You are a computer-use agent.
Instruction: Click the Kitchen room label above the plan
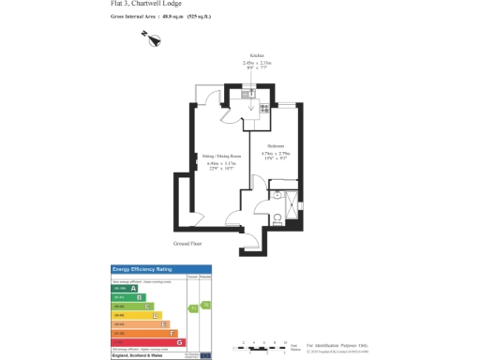[255, 55]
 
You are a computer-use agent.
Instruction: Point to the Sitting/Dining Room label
[221, 157]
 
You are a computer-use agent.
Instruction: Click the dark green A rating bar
[122, 288]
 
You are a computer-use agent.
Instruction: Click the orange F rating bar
[145, 333]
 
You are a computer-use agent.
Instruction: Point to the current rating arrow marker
[193, 307]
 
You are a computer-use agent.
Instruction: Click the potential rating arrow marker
[206, 304]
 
